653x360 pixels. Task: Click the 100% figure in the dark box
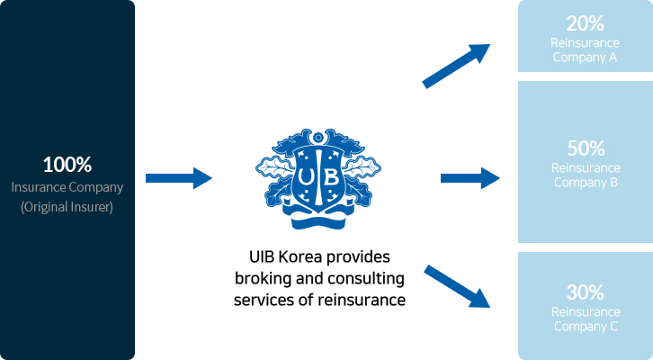pyautogui.click(x=67, y=166)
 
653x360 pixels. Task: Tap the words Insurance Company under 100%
pyautogui.click(x=67, y=188)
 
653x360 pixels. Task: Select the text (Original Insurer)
pyautogui.click(x=67, y=207)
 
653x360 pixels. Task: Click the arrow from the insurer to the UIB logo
pyautogui.click(x=178, y=178)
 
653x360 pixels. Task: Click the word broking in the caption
pyautogui.click(x=260, y=277)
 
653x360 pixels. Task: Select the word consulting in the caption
pyautogui.click(x=368, y=277)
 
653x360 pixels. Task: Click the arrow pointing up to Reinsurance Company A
pyautogui.click(x=456, y=65)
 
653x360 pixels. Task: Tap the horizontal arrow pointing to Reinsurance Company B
pyautogui.click(x=470, y=177)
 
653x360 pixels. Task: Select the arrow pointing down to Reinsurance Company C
pyautogui.click(x=456, y=287)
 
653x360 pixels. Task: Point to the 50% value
pyautogui.click(x=585, y=149)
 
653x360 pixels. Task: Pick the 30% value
pyautogui.click(x=585, y=292)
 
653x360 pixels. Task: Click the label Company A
pyautogui.click(x=585, y=57)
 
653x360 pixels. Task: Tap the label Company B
pyautogui.click(x=585, y=182)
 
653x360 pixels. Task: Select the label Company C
pyautogui.click(x=585, y=326)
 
